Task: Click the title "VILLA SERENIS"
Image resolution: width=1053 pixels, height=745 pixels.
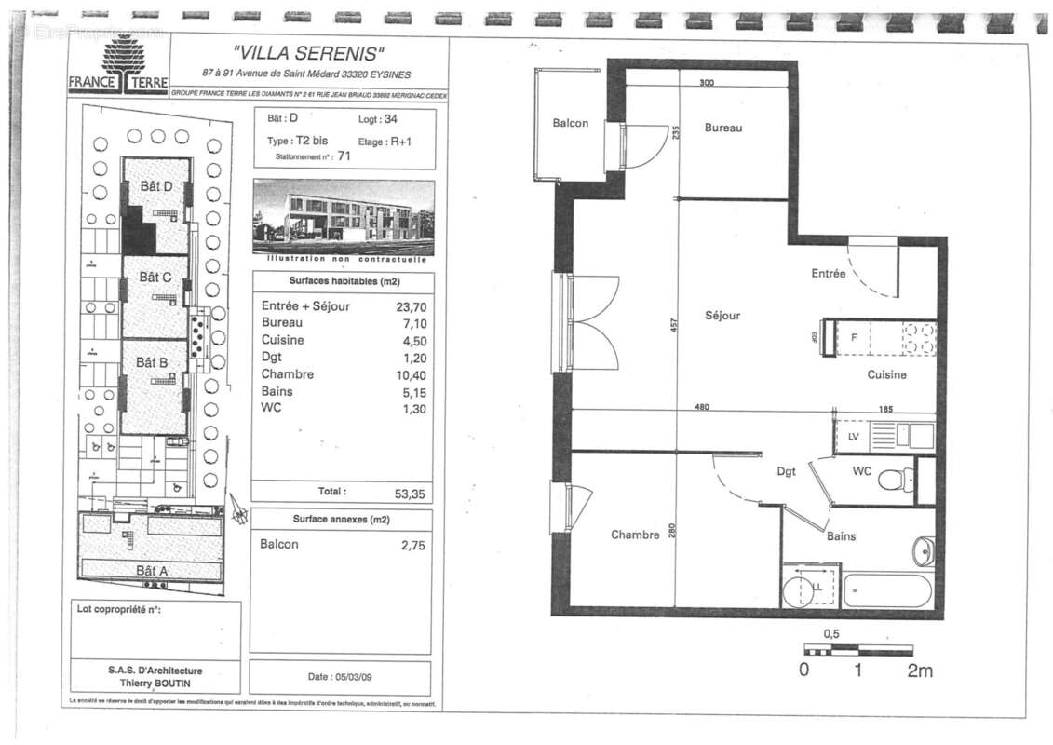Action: point(308,53)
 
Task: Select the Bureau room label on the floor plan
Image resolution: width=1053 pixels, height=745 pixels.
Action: point(722,128)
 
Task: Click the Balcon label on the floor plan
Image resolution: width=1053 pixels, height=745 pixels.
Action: point(570,123)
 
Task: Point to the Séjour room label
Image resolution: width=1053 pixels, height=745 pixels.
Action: point(722,316)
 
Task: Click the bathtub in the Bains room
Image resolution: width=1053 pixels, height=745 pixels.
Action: point(886,590)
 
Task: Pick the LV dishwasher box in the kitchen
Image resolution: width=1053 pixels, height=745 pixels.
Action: point(853,436)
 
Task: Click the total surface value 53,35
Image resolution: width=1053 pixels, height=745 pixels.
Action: point(410,494)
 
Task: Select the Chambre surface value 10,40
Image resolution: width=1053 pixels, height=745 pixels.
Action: point(412,374)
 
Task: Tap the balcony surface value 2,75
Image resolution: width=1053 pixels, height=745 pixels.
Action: point(412,546)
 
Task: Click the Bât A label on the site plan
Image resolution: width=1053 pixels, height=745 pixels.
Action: point(152,570)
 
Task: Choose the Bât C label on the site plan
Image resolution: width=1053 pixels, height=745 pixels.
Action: point(155,278)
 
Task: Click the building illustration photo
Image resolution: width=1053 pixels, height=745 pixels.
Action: point(344,217)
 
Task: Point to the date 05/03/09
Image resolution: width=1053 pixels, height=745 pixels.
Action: point(341,676)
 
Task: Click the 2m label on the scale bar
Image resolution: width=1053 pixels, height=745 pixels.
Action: point(919,670)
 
